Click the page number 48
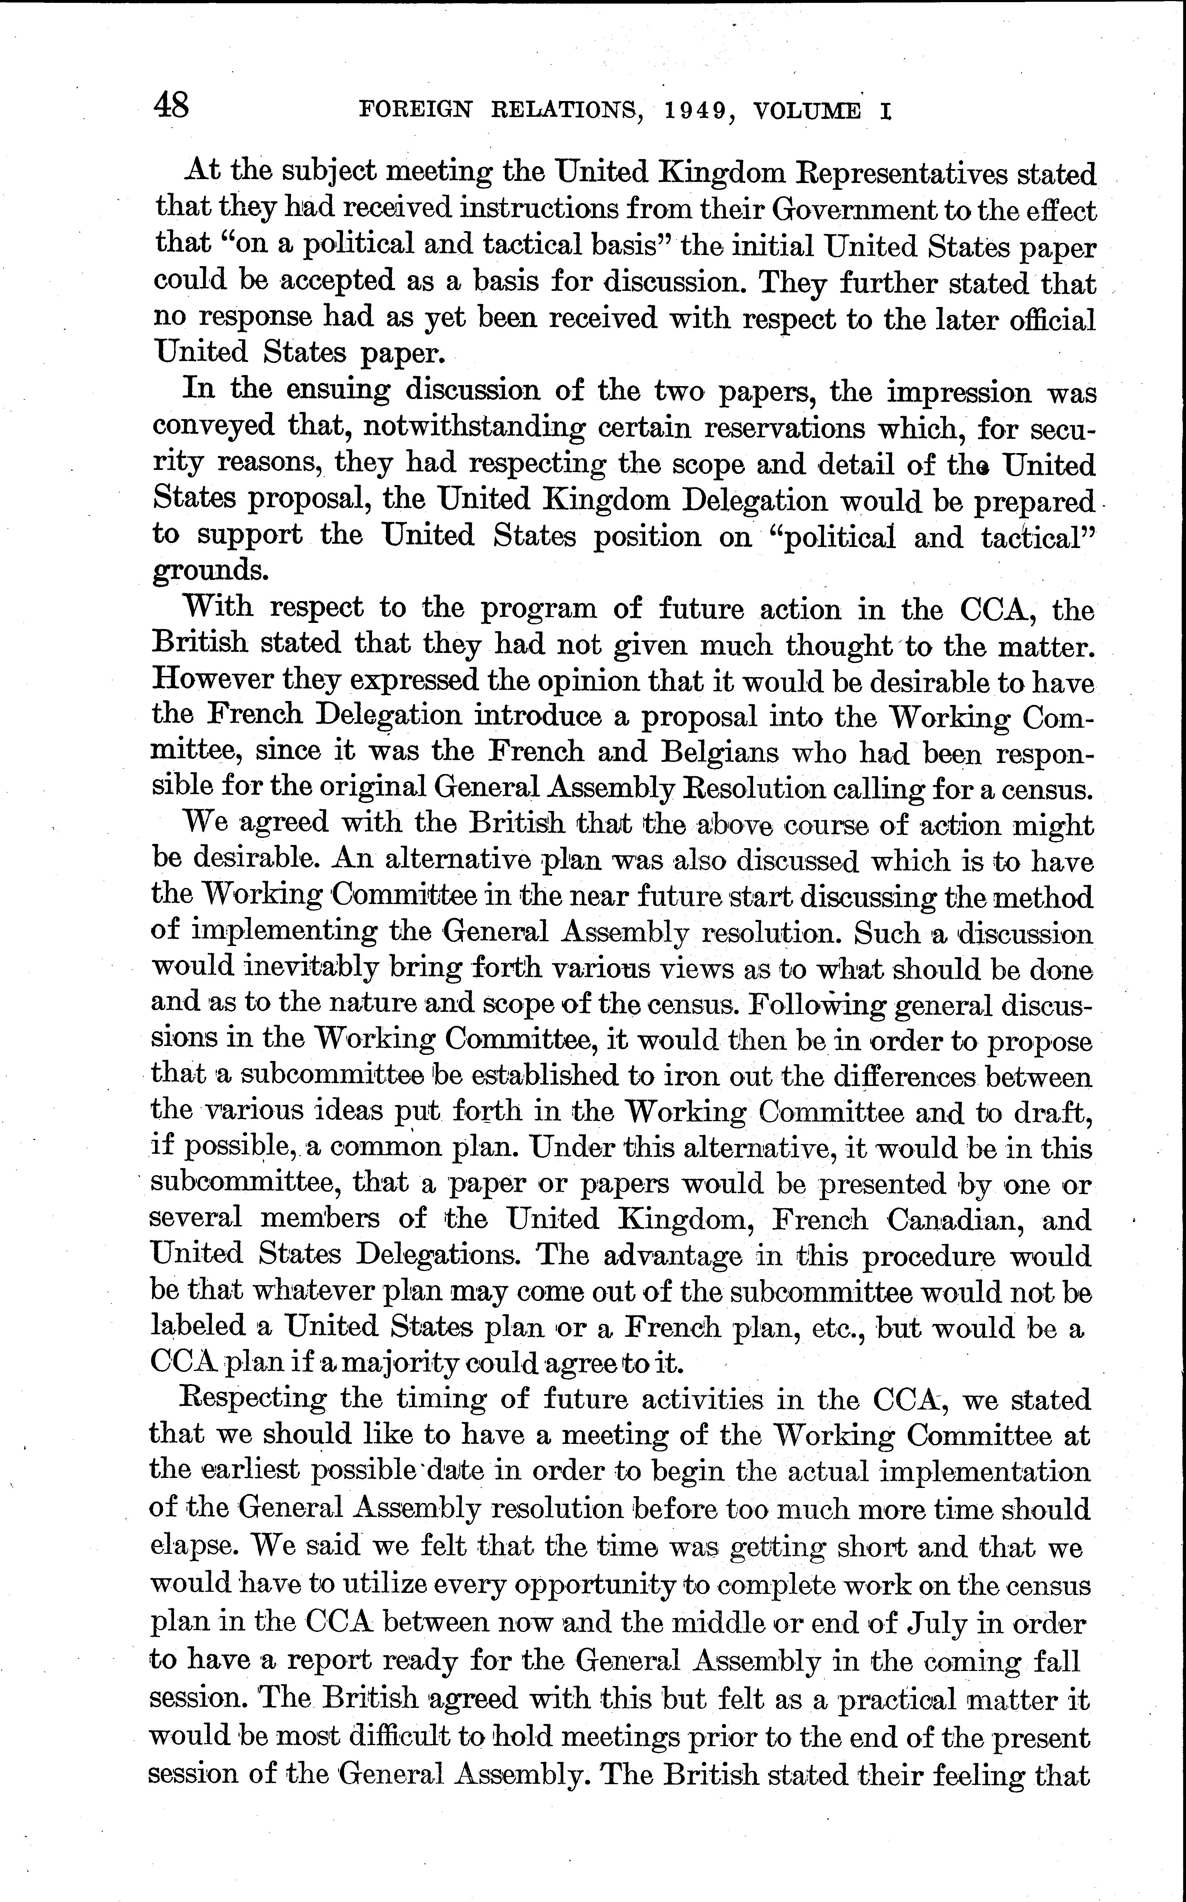(x=172, y=105)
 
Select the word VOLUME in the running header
(x=806, y=111)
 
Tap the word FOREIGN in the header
(x=416, y=111)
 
